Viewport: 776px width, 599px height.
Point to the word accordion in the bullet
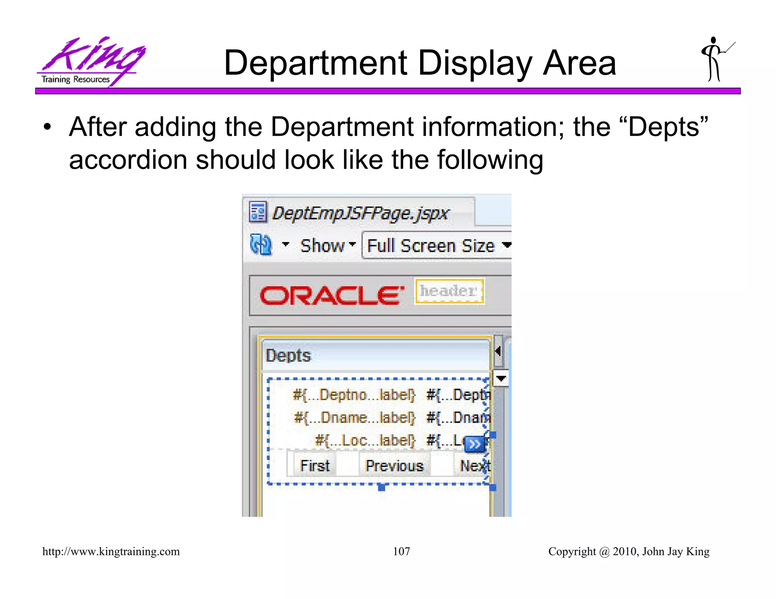(x=128, y=160)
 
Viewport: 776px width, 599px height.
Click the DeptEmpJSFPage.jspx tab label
(x=360, y=213)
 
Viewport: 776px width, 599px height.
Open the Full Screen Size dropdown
(x=438, y=246)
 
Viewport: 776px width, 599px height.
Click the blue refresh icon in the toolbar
(x=261, y=245)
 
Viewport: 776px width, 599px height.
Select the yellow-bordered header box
(x=449, y=291)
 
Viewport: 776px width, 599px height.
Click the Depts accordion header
(x=375, y=356)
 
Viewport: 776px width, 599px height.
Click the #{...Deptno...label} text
(x=354, y=395)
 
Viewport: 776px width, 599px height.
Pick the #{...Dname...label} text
(x=355, y=418)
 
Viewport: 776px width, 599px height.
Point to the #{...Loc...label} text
(x=365, y=440)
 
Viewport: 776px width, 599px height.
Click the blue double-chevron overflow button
(x=474, y=444)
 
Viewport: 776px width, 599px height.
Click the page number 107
(x=401, y=551)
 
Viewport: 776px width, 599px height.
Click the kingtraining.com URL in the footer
(x=111, y=551)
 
